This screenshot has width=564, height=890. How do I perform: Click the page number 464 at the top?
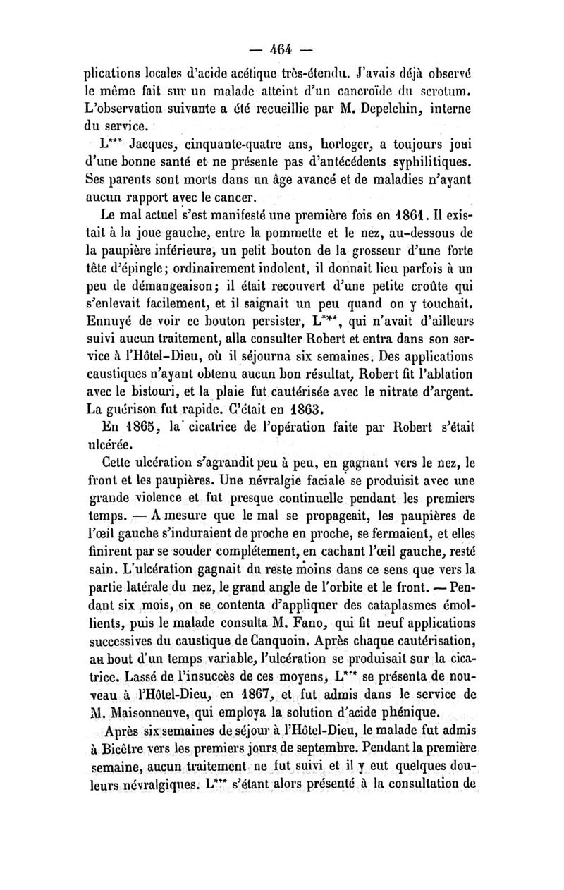281,50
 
